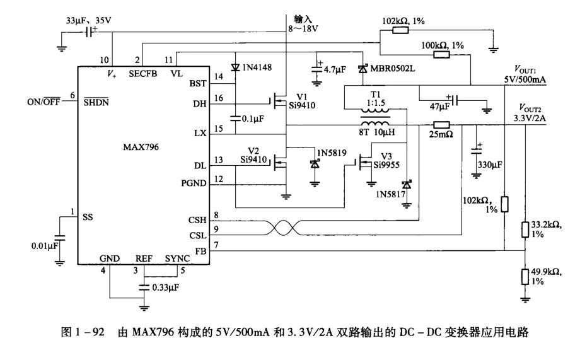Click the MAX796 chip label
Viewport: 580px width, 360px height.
pos(141,147)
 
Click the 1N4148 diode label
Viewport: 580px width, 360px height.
pos(258,67)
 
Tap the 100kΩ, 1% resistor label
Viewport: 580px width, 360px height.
pos(442,45)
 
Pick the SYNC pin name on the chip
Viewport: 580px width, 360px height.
pos(177,258)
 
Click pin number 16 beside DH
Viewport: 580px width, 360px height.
pos(219,98)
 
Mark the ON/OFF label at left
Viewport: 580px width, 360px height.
pos(45,100)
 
